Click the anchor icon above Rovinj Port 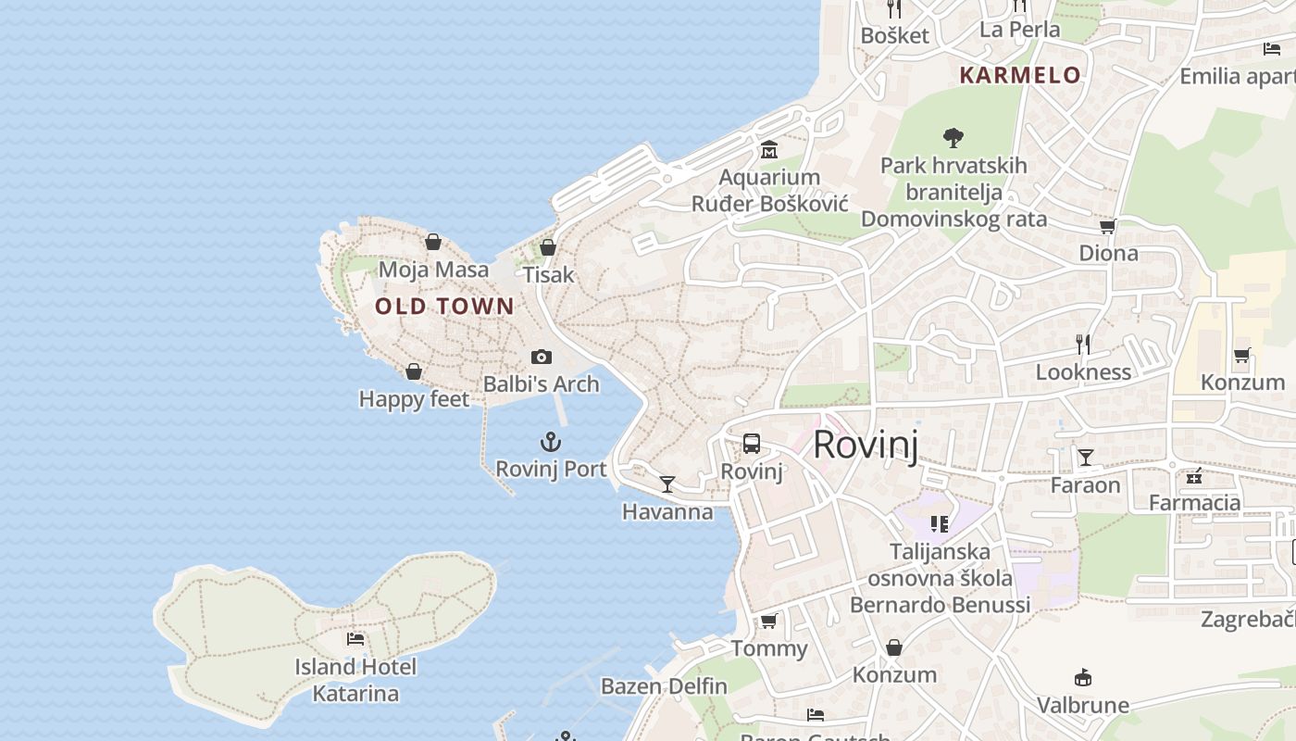pos(551,442)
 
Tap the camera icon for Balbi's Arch pos(542,357)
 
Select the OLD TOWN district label pos(444,307)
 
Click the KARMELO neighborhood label pos(1020,75)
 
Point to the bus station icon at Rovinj pos(752,444)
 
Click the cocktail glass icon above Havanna pos(667,484)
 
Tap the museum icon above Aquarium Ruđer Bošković pos(769,150)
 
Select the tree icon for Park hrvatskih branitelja pos(953,139)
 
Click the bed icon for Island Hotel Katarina pos(355,639)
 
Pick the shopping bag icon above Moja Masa pos(433,243)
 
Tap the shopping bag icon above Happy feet pos(414,371)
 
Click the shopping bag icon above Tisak pos(548,247)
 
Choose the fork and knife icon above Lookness pos(1083,345)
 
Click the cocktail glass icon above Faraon pos(1085,458)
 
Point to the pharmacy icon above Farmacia pos(1194,476)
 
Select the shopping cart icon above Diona pos(1108,226)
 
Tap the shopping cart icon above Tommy pos(768,622)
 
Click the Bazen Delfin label pos(664,686)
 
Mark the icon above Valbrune pos(1082,678)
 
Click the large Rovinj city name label pos(866,446)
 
